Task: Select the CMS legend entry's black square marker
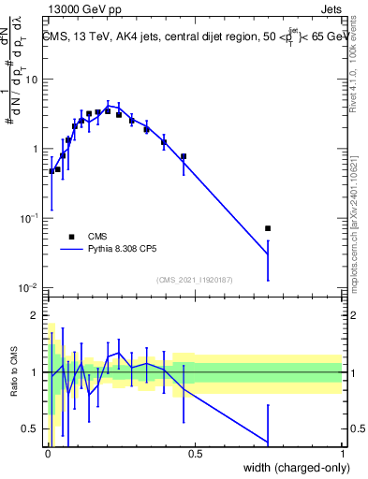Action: coord(71,237)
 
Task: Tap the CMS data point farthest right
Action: coord(268,228)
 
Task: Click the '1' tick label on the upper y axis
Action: coord(35,150)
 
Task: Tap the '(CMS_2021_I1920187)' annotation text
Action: coord(194,279)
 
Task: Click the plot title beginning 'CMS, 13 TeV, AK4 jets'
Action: coord(193,37)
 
